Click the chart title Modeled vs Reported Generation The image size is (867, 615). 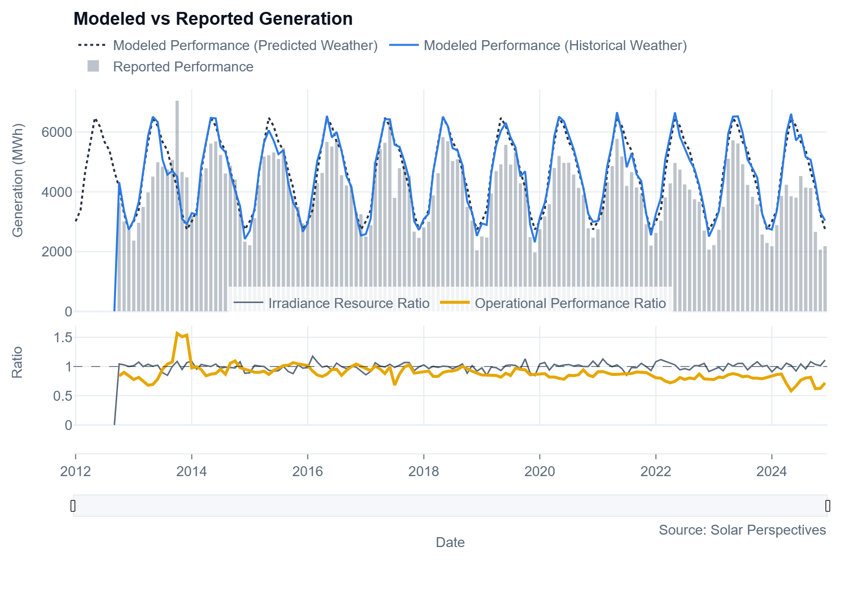[213, 19]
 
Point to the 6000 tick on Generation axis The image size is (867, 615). [57, 132]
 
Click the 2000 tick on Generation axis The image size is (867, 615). [57, 252]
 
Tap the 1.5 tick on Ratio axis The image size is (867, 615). [62, 338]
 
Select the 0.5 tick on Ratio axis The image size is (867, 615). [62, 396]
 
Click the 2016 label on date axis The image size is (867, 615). [308, 471]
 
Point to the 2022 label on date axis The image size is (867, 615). [656, 471]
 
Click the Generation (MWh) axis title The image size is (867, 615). [18, 181]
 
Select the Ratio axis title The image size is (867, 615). [17, 363]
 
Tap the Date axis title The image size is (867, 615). [450, 543]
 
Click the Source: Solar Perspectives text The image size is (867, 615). [742, 530]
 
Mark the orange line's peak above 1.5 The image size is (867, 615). [178, 333]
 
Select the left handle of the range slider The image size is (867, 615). [73, 506]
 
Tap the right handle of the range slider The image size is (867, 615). [827, 506]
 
